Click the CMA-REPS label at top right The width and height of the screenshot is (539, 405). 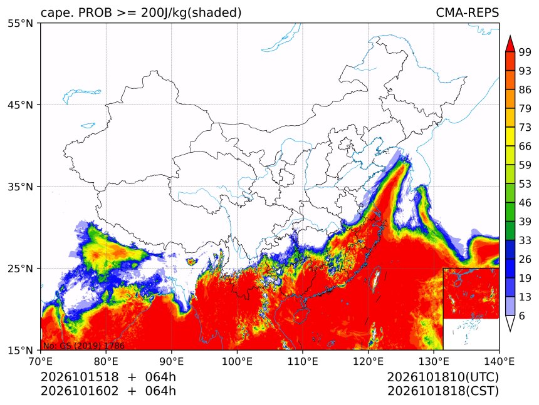[x=467, y=13]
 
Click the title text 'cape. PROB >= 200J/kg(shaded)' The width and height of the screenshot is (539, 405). [x=141, y=13]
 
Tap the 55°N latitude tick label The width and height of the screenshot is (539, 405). [x=20, y=23]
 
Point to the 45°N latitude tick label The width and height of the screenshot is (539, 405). [x=20, y=105]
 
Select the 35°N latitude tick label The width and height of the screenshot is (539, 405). [x=20, y=187]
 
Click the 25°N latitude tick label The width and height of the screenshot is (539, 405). [x=20, y=269]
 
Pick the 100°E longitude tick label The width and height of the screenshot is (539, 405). [x=237, y=361]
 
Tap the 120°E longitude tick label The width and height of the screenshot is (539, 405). [x=368, y=361]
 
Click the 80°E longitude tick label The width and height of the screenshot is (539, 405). [x=106, y=361]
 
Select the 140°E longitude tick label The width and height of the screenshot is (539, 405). [x=499, y=361]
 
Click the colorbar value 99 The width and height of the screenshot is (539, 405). [x=525, y=52]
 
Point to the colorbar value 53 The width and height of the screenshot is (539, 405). [x=525, y=184]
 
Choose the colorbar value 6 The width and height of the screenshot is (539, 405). [x=522, y=315]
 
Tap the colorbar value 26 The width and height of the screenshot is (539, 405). [x=525, y=259]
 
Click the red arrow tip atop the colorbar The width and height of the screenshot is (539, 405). [x=510, y=36]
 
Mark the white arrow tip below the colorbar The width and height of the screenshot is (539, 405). [x=510, y=331]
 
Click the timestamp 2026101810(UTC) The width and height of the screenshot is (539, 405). [x=442, y=377]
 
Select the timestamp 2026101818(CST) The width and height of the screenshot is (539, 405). [x=442, y=391]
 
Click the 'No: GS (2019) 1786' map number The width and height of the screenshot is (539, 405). [x=83, y=346]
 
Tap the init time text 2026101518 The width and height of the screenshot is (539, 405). [x=80, y=377]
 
